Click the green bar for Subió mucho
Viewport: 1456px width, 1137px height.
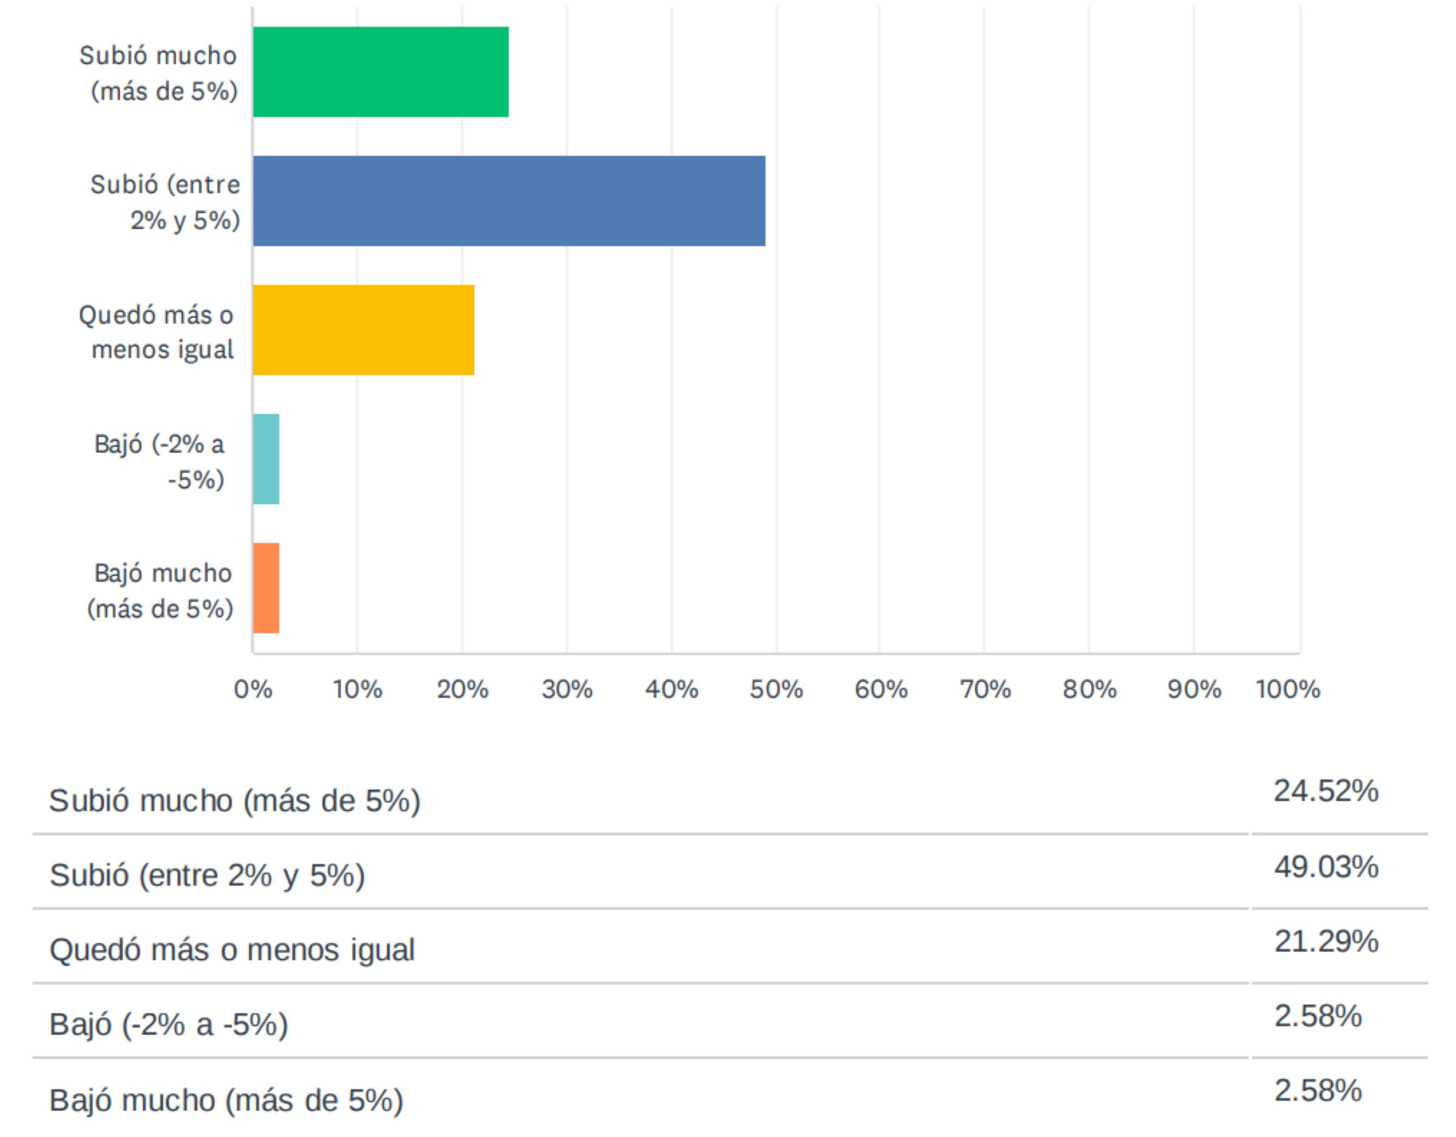coord(380,72)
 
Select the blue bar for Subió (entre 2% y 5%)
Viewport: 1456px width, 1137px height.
coord(508,201)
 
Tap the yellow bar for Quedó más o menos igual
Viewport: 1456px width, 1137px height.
coord(363,330)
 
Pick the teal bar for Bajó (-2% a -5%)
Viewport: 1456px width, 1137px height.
coord(266,458)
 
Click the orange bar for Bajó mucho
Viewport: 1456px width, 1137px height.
coord(266,588)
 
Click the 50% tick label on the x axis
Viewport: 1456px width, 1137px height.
coord(776,689)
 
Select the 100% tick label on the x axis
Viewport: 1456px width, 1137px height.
coord(1287,689)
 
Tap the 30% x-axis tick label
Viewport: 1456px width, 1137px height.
coord(567,689)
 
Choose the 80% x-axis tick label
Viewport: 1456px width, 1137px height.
coord(1090,689)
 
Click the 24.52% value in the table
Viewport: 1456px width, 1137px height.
coord(1326,791)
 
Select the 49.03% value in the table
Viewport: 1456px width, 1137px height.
coord(1326,867)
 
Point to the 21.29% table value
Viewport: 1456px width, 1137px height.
coord(1326,942)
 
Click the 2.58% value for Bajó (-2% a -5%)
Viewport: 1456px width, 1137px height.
coord(1317,1016)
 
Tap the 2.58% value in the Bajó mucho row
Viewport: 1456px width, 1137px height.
coord(1317,1091)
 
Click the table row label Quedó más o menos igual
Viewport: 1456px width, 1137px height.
coord(232,950)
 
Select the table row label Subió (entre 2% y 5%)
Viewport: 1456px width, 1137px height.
coord(207,875)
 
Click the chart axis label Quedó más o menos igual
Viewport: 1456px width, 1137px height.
coord(157,332)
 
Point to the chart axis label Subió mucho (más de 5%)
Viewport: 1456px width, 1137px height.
coord(159,73)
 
